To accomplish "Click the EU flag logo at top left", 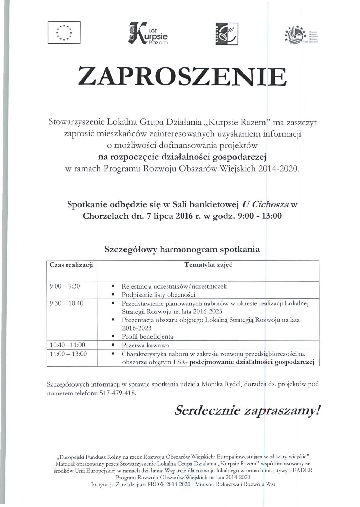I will coord(64,33).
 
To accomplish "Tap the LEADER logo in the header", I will coord(226,34).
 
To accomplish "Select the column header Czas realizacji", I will coord(71,265).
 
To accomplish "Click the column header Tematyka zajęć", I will coord(208,265).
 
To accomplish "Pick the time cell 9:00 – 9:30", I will coord(65,286).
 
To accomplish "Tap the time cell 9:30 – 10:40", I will coord(67,303).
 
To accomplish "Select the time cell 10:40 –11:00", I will coord(68,345).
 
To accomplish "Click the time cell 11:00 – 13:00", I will coord(68,354).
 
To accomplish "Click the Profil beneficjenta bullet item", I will coord(147,336).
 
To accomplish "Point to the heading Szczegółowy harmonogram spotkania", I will coord(182,250).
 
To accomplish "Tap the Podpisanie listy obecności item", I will coord(158,294).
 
